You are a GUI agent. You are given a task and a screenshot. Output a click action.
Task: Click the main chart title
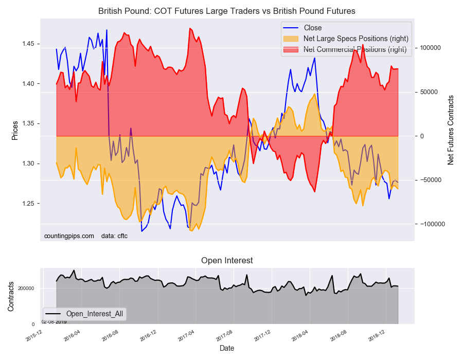tap(227, 11)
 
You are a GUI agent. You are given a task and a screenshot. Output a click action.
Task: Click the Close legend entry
tap(313, 28)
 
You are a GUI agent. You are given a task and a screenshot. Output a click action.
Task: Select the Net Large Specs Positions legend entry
tap(356, 39)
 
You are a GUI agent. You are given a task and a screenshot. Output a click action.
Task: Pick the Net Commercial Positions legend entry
tap(354, 49)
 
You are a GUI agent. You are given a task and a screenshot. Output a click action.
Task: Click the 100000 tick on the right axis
tap(431, 48)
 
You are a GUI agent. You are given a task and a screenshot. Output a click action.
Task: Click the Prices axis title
tap(15, 130)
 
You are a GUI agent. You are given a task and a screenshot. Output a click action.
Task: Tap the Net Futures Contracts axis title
tap(451, 130)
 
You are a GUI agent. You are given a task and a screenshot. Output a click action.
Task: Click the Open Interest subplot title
tap(227, 260)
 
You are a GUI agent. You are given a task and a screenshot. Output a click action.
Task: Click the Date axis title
tap(227, 348)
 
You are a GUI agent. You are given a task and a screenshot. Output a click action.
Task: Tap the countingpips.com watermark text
tap(69, 236)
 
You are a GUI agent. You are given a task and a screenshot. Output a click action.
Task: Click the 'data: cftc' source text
tap(114, 236)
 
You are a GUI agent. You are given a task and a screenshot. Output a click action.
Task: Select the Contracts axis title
tap(11, 296)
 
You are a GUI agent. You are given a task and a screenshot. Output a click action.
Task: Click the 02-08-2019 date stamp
tap(54, 321)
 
